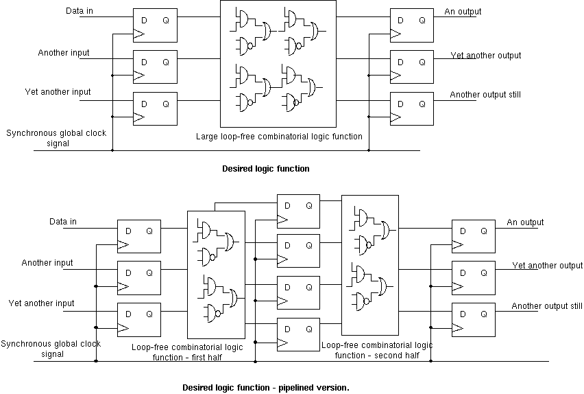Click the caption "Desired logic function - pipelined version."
pos(265,388)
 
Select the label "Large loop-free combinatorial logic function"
pos(279,137)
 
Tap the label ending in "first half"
pos(187,351)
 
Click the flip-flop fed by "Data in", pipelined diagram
pos(138,237)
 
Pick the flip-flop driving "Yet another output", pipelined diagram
pos(472,278)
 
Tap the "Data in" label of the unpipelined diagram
pos(81,12)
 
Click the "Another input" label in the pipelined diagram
pos(47,263)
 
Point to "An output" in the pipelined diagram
pos(525,222)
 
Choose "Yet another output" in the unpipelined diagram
pos(485,56)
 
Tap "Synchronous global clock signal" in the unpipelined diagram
pos(56,138)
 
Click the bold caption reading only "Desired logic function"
pos(265,169)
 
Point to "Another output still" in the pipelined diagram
pos(547,306)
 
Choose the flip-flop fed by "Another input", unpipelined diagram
pos(155,67)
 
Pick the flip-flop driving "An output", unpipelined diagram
pos(411,25)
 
